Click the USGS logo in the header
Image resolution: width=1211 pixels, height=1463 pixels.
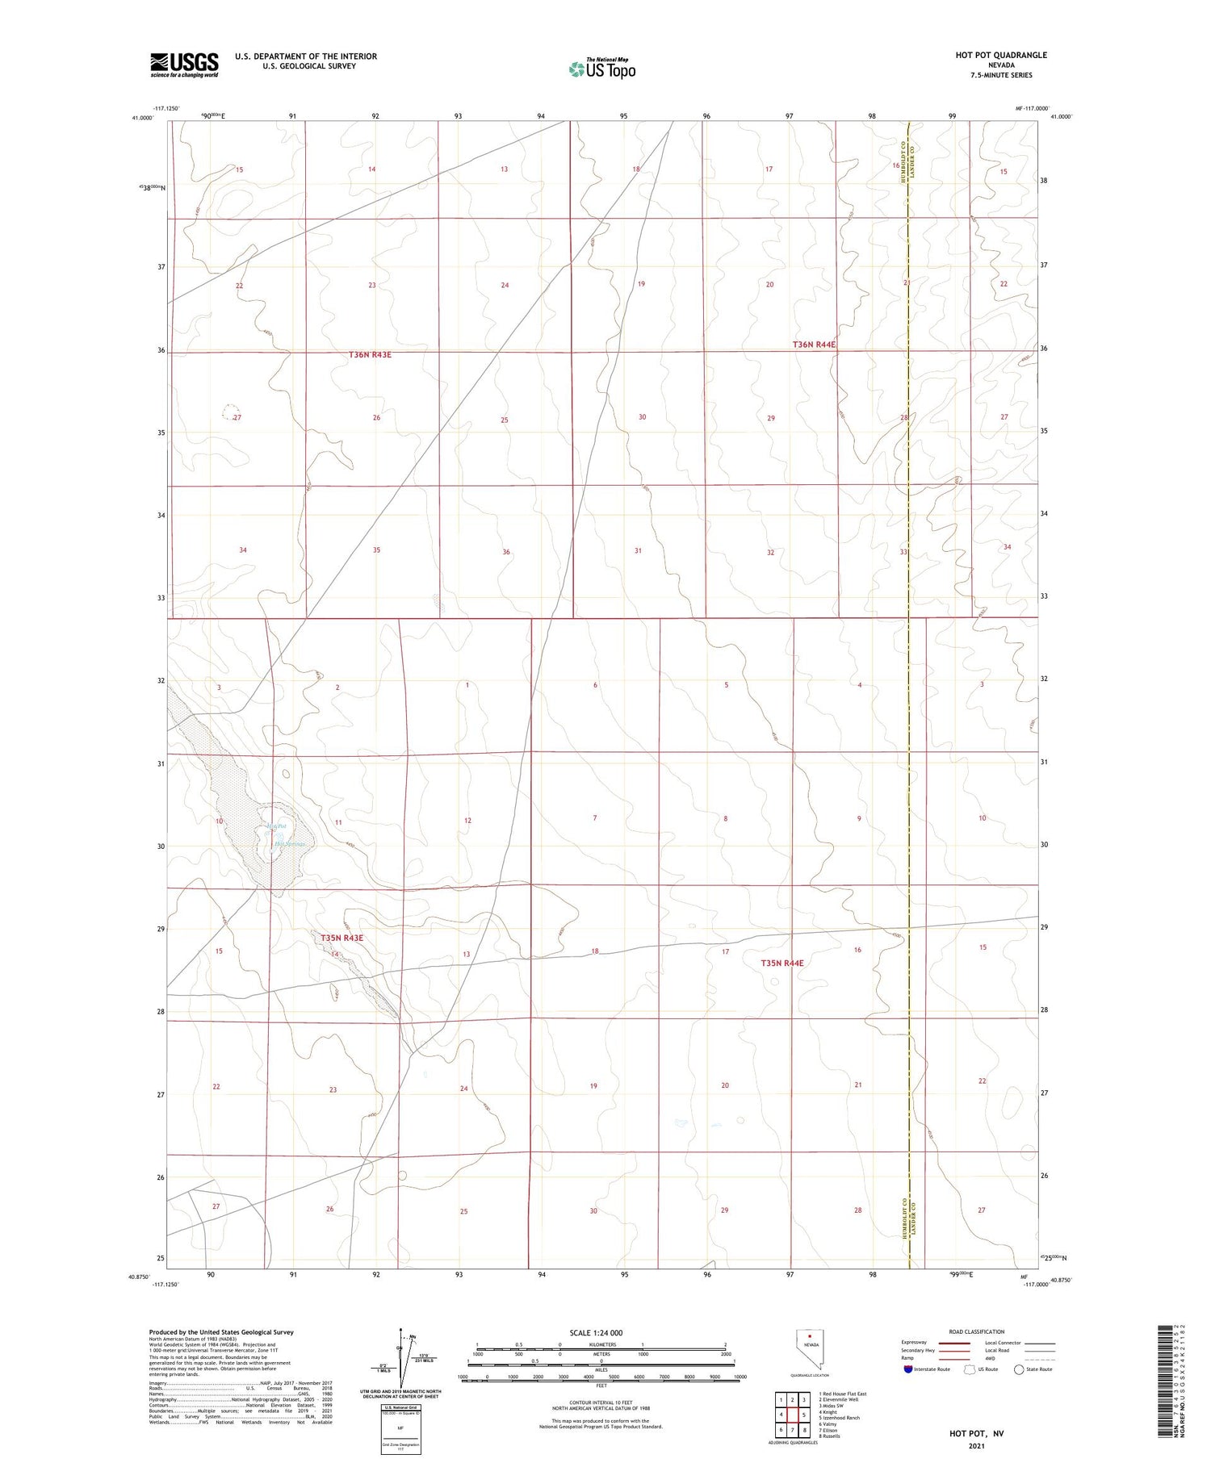click(x=184, y=65)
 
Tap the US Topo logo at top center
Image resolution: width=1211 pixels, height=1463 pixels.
click(x=601, y=69)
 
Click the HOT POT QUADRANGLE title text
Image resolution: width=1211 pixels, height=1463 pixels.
click(x=1001, y=55)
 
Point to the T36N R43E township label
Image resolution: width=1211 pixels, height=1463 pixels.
click(x=371, y=355)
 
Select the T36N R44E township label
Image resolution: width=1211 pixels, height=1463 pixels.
click(x=814, y=345)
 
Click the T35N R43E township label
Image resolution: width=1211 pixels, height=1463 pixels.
click(x=342, y=938)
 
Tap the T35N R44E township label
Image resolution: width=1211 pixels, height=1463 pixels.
click(x=782, y=963)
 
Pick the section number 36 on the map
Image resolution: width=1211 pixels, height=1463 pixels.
click(x=506, y=552)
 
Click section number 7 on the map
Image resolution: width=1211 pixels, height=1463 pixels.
click(x=595, y=818)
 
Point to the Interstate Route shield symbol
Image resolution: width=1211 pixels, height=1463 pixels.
click(x=908, y=1369)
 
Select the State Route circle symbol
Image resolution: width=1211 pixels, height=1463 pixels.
click(x=1019, y=1369)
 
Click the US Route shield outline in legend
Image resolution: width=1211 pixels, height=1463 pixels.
click(x=970, y=1369)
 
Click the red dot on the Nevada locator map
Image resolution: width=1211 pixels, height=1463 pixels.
click(x=809, y=1335)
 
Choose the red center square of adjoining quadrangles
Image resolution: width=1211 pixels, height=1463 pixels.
click(x=793, y=1415)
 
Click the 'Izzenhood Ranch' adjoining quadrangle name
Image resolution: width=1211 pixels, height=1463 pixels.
click(x=840, y=1417)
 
